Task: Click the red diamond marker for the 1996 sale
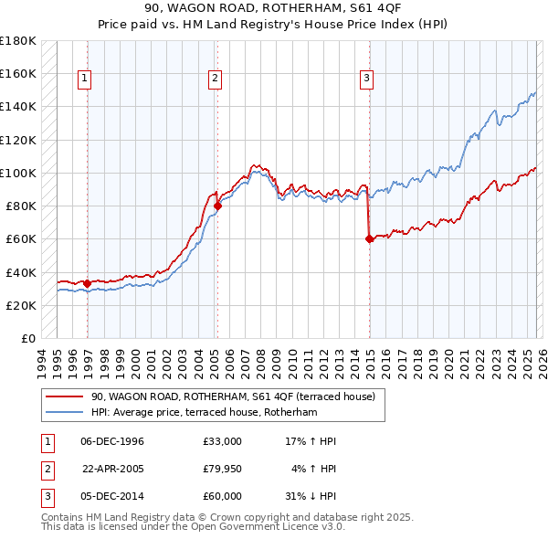point(87,283)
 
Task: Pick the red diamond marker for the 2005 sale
point(217,206)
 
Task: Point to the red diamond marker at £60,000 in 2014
point(369,239)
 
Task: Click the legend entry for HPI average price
point(204,413)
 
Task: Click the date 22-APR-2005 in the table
point(113,469)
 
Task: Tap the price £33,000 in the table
point(222,441)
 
